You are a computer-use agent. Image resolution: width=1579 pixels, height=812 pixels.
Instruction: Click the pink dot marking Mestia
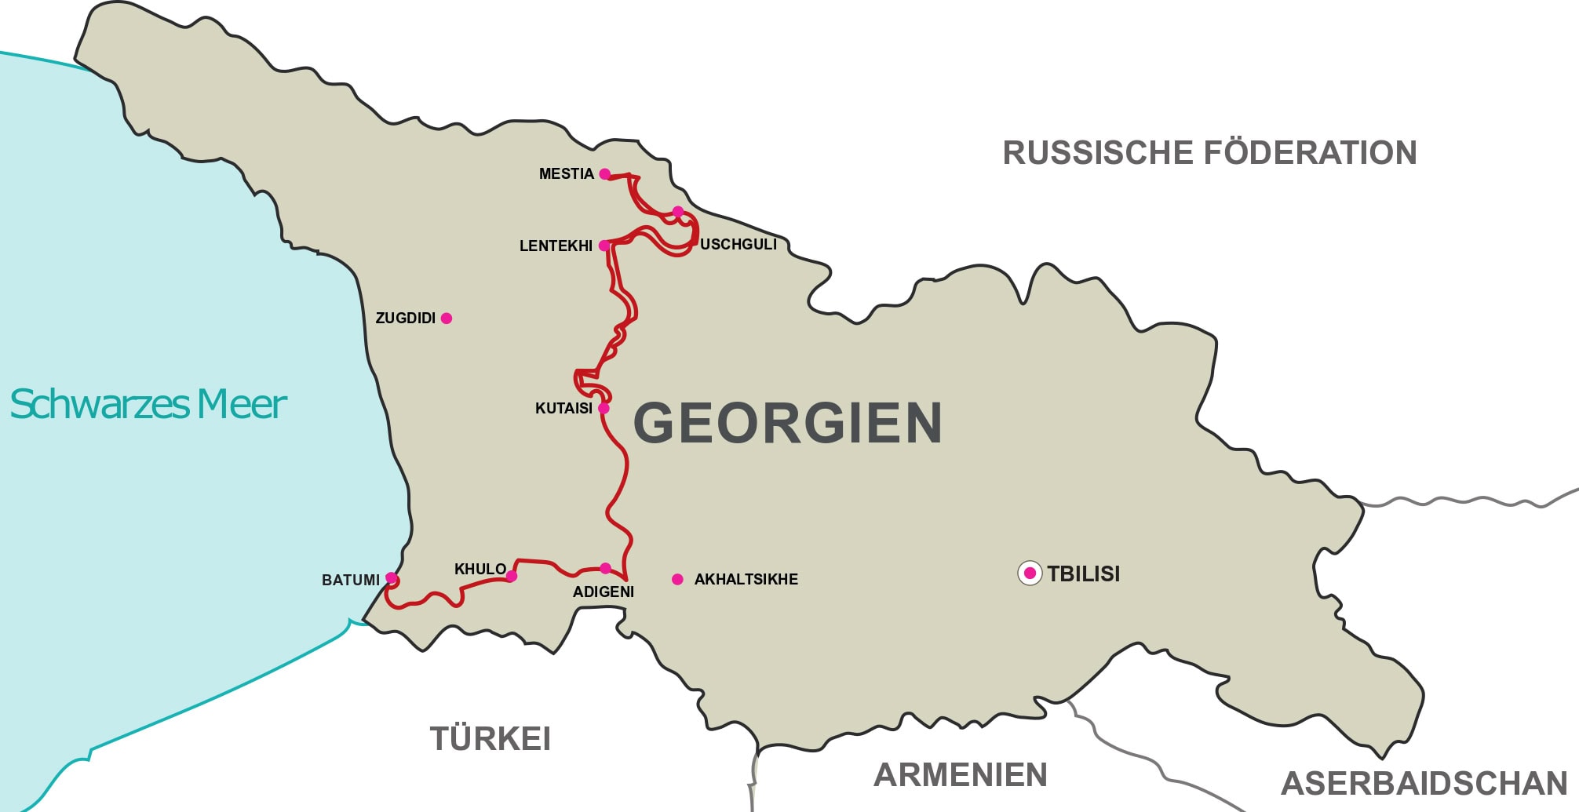click(x=604, y=174)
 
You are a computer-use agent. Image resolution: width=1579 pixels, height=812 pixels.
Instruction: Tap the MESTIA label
click(x=566, y=174)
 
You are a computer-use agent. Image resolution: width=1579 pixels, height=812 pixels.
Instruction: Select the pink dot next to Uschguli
click(x=678, y=212)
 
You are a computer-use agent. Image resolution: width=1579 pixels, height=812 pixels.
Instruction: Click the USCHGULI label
click(x=738, y=245)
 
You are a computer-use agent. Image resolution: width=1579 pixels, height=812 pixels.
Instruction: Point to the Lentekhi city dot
click(x=604, y=246)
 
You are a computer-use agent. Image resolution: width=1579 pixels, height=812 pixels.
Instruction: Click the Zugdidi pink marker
click(x=447, y=319)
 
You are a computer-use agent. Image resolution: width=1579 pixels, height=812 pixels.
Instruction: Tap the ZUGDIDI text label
click(x=405, y=319)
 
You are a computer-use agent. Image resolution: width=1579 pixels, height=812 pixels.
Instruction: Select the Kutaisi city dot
click(x=604, y=409)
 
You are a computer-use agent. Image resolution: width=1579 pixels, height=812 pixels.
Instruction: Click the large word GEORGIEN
click(x=787, y=423)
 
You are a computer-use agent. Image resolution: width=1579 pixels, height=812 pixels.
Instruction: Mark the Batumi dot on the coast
click(x=391, y=579)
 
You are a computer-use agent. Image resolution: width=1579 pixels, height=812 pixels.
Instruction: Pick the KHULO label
click(x=480, y=569)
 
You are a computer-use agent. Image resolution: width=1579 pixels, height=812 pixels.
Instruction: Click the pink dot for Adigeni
click(x=605, y=568)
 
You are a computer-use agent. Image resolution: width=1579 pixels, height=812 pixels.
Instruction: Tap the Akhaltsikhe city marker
click(x=677, y=580)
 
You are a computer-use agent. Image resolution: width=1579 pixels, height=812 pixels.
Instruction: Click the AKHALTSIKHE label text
click(x=746, y=580)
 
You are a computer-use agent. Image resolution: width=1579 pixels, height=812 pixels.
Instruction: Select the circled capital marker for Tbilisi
click(x=1030, y=573)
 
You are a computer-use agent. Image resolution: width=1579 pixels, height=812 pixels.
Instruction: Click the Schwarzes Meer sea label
click(x=148, y=405)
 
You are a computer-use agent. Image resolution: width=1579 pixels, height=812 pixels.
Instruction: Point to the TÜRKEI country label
click(x=490, y=739)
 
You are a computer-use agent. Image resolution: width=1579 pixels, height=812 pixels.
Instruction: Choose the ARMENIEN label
click(x=961, y=775)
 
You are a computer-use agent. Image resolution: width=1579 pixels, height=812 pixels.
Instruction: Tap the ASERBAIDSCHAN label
click(x=1424, y=784)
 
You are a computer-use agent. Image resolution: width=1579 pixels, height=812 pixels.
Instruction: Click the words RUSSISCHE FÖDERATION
click(x=1209, y=153)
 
